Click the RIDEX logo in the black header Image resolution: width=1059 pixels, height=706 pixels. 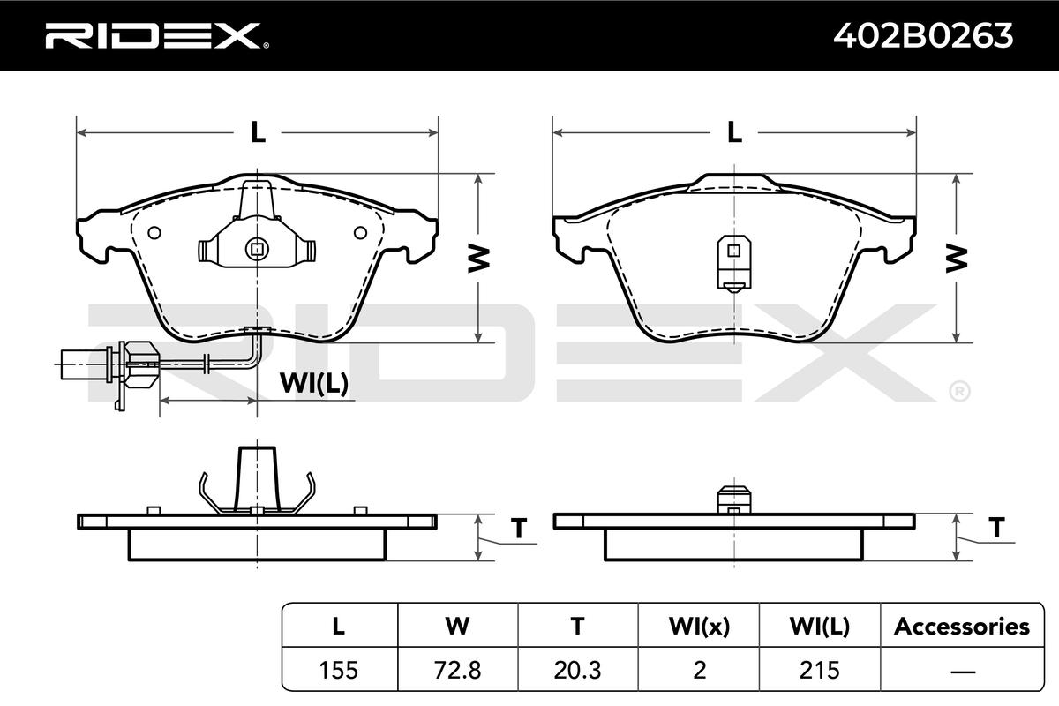157,35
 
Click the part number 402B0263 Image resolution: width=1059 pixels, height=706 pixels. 923,35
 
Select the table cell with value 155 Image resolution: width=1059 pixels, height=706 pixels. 339,670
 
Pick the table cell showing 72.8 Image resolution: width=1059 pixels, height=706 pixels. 458,670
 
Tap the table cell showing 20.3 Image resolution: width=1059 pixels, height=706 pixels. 578,670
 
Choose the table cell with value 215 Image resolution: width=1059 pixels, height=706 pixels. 820,670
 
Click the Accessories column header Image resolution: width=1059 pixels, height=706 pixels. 962,626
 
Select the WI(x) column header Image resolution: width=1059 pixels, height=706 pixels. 699,626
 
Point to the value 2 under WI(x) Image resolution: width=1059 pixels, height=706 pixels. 699,670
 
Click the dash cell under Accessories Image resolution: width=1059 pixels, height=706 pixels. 962,670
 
